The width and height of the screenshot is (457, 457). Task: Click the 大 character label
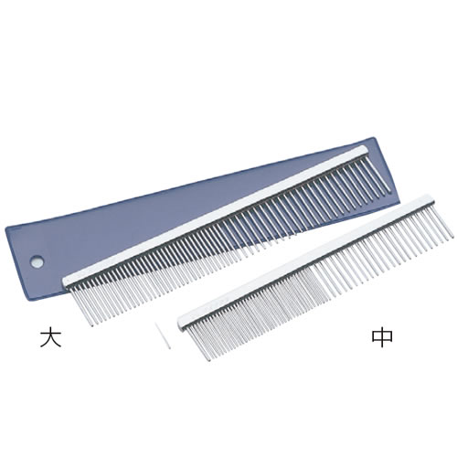point(51,337)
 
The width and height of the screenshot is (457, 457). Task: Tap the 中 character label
point(382,337)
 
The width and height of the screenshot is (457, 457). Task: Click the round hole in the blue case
point(37,261)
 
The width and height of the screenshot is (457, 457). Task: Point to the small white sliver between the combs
point(163,336)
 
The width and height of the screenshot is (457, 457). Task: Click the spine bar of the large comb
point(215,217)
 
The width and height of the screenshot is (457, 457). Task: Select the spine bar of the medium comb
point(305,260)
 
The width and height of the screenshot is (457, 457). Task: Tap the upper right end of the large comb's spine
point(367,149)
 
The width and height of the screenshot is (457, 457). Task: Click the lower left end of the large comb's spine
point(65,282)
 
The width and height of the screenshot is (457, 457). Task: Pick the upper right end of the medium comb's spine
point(432,197)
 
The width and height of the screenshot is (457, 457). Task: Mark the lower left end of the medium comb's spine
point(180,322)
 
